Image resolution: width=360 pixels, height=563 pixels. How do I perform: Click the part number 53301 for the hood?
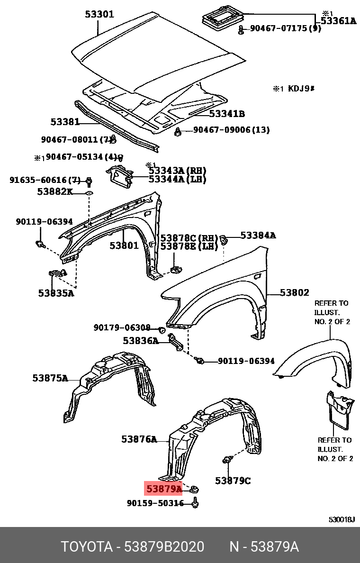[99, 14]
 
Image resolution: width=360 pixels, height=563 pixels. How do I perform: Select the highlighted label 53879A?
[163, 488]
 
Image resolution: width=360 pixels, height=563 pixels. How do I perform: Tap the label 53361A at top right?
[338, 20]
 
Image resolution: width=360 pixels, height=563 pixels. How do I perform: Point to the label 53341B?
[227, 114]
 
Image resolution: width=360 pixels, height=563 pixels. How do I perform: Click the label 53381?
[65, 122]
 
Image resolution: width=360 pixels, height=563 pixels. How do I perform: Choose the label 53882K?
[55, 191]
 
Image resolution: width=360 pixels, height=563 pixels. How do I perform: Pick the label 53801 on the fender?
[124, 245]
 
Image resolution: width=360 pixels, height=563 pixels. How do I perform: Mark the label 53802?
[294, 293]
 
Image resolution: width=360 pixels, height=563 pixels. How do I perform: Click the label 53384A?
[258, 235]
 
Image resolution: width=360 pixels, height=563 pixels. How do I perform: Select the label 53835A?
[56, 293]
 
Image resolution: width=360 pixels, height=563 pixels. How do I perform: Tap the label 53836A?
[141, 340]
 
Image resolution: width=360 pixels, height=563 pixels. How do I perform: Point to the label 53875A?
[50, 378]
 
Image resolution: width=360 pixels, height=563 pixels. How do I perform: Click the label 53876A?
[139, 439]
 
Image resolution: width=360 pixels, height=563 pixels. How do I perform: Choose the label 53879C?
[233, 481]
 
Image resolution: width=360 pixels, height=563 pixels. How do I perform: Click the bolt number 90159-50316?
[155, 503]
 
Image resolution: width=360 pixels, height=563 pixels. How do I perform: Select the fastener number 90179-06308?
[122, 327]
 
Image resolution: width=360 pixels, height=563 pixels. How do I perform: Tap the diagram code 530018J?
[342, 519]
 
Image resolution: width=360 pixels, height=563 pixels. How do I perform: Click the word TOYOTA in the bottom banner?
[85, 547]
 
